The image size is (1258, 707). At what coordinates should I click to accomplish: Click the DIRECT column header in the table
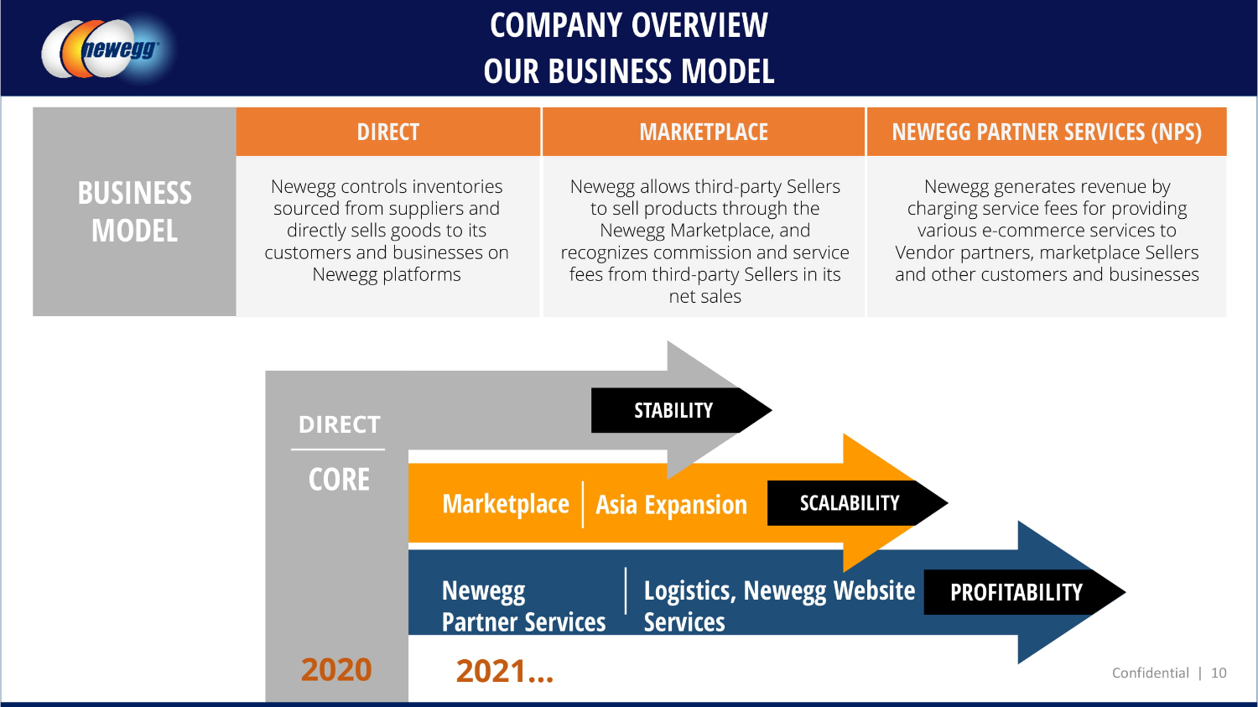coord(387,133)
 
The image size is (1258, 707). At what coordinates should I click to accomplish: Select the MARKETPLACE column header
coord(704,133)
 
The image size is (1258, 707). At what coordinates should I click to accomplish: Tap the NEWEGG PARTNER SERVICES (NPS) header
coord(1046,133)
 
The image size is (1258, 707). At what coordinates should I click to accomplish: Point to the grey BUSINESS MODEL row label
coord(134,211)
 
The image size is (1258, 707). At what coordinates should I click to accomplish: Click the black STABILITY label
coord(673,411)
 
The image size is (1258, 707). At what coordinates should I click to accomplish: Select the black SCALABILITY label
coord(849,503)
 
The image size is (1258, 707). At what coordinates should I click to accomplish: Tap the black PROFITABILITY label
coord(1016,593)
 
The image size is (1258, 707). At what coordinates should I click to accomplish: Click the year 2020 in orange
coord(336,669)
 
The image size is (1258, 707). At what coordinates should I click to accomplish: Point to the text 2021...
coord(504,671)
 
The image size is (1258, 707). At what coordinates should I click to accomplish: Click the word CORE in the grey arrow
coord(339,480)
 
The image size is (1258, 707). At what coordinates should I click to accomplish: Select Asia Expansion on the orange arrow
coord(671,505)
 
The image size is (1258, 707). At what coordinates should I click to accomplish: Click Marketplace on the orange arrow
coord(506,504)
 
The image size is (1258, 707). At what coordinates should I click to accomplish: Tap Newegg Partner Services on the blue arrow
coord(523,606)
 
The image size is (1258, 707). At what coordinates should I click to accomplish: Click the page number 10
coord(1219,673)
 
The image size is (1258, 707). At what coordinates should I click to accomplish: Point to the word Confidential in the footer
coord(1150,673)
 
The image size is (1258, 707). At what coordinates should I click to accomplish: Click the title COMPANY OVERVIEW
coord(629,25)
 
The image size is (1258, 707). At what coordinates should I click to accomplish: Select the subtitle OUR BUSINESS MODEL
coord(629,71)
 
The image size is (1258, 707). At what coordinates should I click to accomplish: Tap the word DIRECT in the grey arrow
coord(340,425)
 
